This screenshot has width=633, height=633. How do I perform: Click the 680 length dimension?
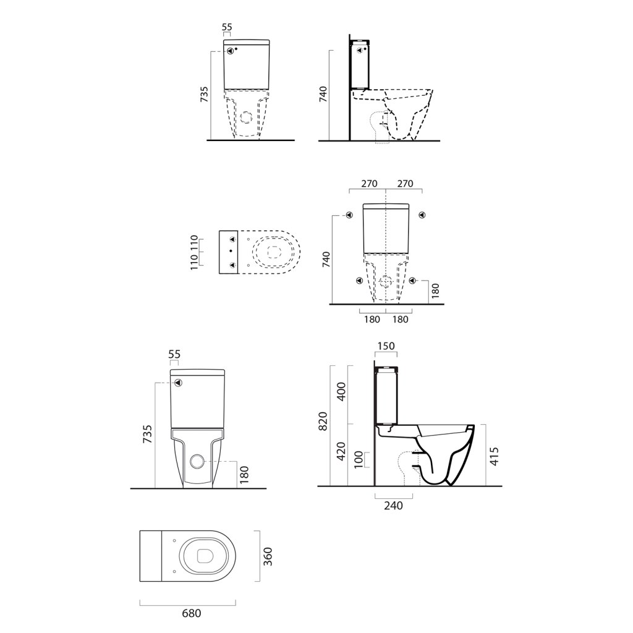(x=192, y=613)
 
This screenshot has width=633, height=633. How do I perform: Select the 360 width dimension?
(x=268, y=556)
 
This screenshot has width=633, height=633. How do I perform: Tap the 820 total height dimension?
(x=323, y=421)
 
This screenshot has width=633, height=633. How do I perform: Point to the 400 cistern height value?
(x=341, y=391)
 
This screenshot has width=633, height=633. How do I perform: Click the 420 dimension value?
(x=341, y=451)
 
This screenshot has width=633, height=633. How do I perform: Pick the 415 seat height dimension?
(x=495, y=456)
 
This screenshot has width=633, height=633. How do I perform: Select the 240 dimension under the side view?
(x=393, y=506)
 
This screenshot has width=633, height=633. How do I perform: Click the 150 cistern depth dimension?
(x=386, y=346)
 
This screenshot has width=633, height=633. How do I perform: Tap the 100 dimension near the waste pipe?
(x=359, y=460)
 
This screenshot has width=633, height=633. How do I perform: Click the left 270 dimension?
(x=369, y=184)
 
